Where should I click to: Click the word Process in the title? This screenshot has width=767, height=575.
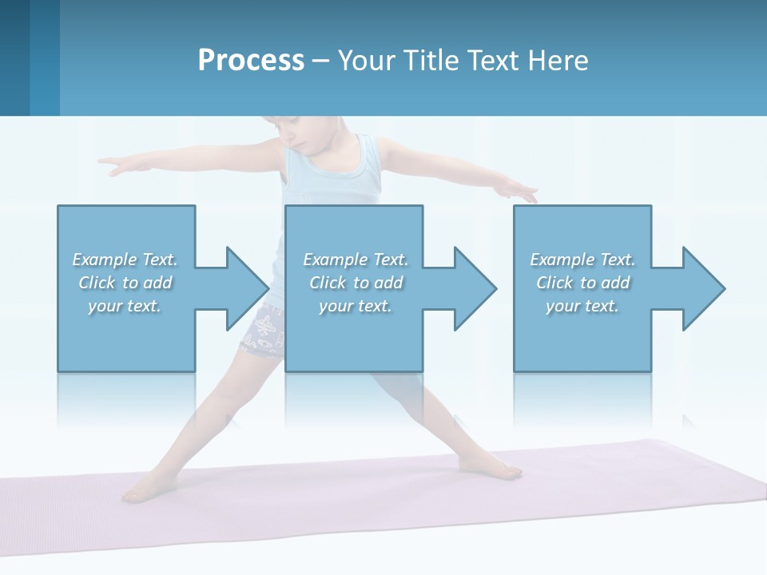click(x=251, y=61)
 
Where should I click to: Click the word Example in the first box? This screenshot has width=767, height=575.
click(x=105, y=260)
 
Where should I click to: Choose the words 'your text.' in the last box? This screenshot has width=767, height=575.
click(x=582, y=306)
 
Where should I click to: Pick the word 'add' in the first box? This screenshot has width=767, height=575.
click(x=158, y=283)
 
